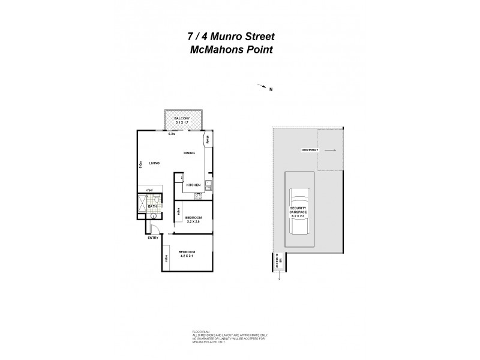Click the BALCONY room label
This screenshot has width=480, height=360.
click(x=182, y=119)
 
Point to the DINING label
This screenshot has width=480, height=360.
click(x=190, y=154)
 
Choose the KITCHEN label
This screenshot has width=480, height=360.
click(x=193, y=185)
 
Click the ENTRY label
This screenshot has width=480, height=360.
click(x=153, y=238)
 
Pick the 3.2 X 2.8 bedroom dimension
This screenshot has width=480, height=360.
click(x=193, y=222)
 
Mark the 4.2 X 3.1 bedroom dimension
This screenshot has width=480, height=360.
click(x=186, y=256)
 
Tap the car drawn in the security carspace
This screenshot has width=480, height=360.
click(x=298, y=212)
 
